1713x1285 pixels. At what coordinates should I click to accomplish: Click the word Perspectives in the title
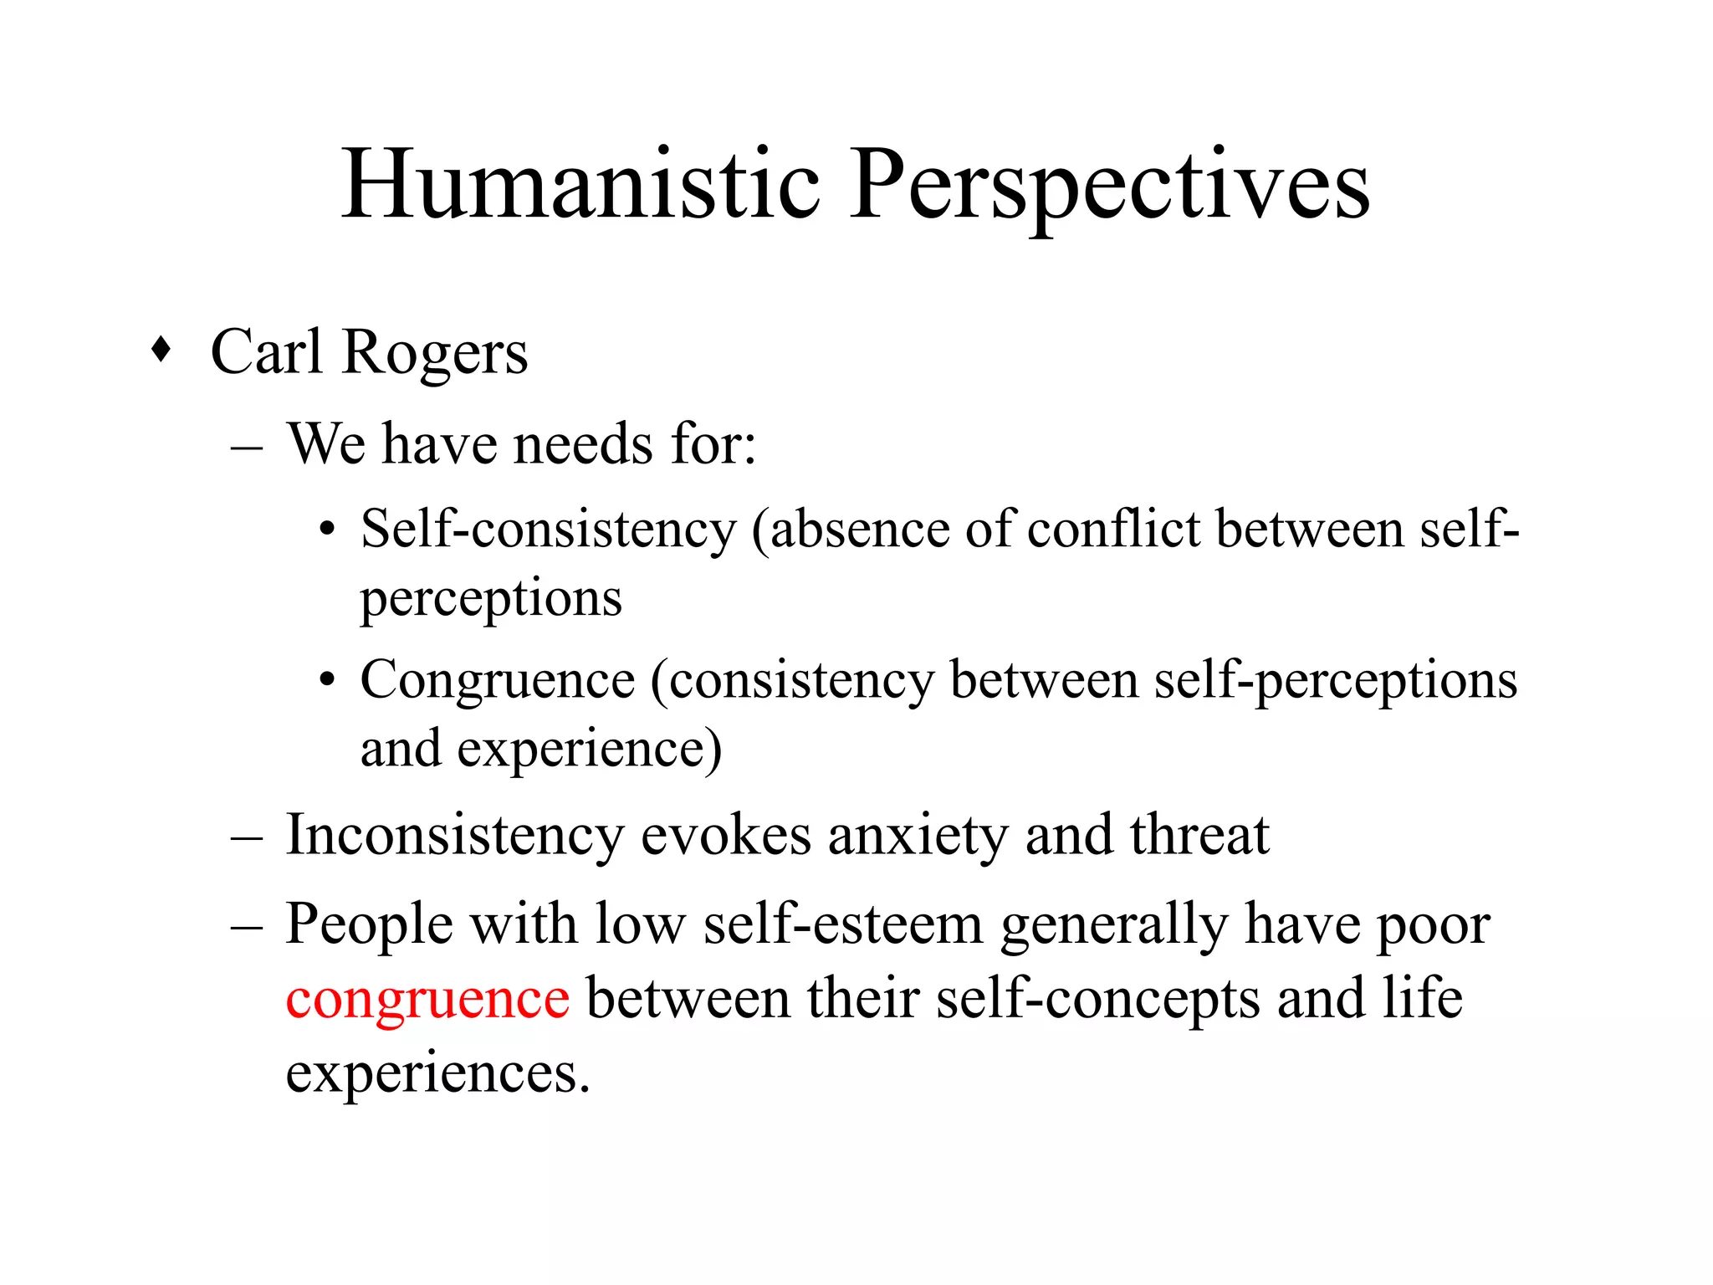click(x=1109, y=186)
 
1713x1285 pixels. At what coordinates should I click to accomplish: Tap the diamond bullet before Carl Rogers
click(x=161, y=350)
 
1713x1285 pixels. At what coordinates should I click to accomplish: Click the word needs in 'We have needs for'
click(x=582, y=443)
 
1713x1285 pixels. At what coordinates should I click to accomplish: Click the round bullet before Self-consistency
click(x=327, y=530)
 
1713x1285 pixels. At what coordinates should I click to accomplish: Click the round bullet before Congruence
click(x=327, y=679)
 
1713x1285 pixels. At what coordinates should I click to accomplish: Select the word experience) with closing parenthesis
click(x=589, y=750)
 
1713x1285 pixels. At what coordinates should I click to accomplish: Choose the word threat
click(x=1199, y=835)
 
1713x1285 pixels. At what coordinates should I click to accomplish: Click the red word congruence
click(x=427, y=999)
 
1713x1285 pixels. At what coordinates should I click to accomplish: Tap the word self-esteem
click(x=842, y=925)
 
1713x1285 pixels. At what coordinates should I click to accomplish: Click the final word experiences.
click(x=437, y=1073)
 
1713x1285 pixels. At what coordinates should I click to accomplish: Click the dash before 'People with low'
click(x=247, y=927)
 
